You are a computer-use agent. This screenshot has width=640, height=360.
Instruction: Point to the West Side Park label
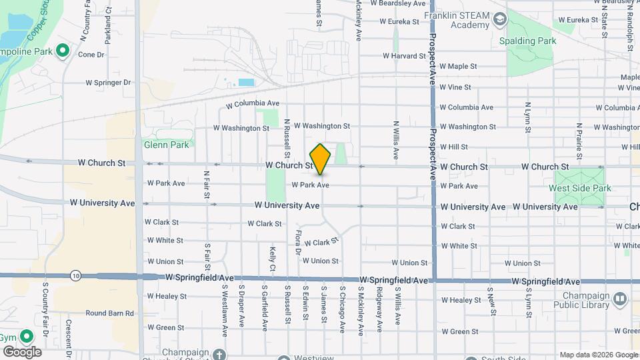pyautogui.click(x=579, y=189)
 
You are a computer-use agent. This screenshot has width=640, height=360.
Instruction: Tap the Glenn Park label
pyautogui.click(x=167, y=144)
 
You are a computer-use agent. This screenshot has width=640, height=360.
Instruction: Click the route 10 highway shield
pyautogui.click(x=75, y=275)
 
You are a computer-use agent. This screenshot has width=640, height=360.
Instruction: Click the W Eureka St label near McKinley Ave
pyautogui.click(x=399, y=21)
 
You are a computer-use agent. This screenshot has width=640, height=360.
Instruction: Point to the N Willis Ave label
pyautogui.click(x=396, y=139)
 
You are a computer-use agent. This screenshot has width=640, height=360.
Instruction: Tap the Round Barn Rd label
pyautogui.click(x=109, y=313)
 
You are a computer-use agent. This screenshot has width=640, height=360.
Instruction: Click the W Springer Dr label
pyautogui.click(x=109, y=83)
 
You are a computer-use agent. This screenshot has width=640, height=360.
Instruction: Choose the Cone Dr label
pyautogui.click(x=91, y=55)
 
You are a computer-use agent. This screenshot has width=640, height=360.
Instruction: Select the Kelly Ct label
pyautogui.click(x=273, y=258)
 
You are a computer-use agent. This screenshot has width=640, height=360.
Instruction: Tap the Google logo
pyautogui.click(x=21, y=352)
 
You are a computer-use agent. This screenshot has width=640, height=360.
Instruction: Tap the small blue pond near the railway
pyautogui.click(x=246, y=83)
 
